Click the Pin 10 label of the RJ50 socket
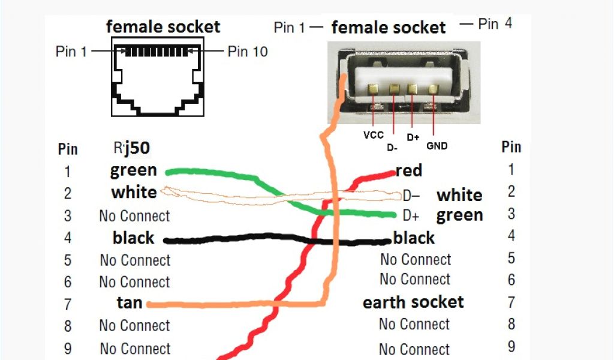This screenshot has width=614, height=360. click(247, 52)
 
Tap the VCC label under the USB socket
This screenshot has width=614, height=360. click(373, 135)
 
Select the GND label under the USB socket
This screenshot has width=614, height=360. click(437, 145)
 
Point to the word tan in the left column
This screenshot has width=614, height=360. click(130, 303)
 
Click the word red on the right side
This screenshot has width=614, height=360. click(409, 170)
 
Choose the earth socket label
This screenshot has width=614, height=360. click(413, 302)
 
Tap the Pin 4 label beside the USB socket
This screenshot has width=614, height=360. click(495, 24)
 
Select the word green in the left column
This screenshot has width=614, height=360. click(133, 171)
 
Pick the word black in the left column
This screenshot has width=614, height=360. click(133, 238)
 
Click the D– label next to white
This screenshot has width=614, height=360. click(411, 196)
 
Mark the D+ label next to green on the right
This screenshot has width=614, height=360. click(411, 215)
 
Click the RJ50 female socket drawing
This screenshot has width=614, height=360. click(158, 76)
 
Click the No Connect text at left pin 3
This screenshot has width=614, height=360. click(134, 216)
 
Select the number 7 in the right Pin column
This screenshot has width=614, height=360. click(511, 302)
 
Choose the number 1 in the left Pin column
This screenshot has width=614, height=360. click(68, 172)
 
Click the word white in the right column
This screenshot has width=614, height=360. click(459, 196)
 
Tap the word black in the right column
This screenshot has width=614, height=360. click(414, 238)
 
